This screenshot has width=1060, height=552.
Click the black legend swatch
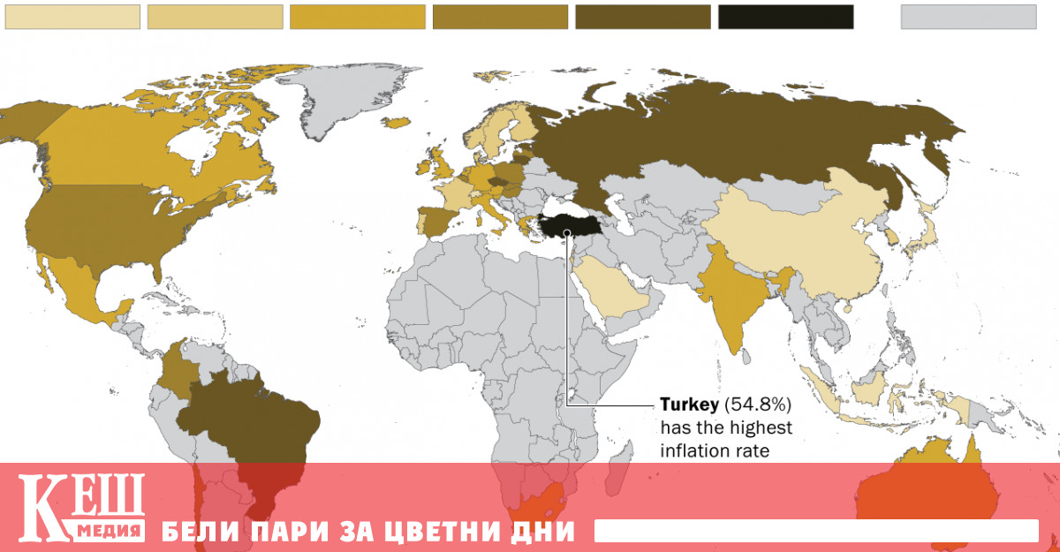785,17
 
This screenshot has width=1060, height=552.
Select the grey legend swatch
968,17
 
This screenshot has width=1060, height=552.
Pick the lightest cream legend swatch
72,17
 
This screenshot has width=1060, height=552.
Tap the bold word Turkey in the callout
690,405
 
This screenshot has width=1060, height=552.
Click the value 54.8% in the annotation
757,405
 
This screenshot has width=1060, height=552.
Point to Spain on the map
434,221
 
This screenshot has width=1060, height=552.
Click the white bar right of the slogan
816,531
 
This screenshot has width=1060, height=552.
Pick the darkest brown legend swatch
642,17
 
